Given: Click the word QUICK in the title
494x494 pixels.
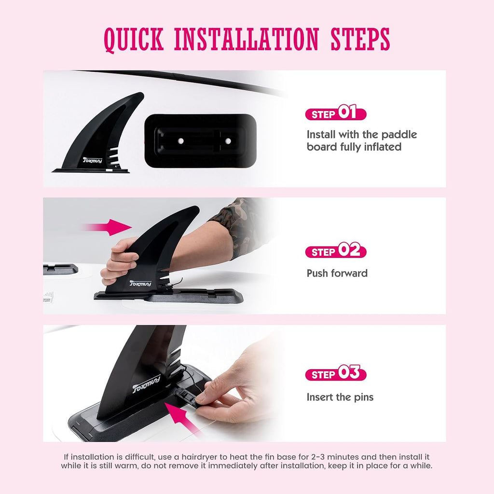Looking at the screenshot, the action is click(134, 40).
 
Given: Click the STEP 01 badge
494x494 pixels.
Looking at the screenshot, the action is click(336, 112).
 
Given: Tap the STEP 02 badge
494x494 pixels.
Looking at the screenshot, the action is click(336, 250).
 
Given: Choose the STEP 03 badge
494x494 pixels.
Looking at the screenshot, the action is click(336, 373).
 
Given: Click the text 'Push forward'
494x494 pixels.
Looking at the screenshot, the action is click(337, 273).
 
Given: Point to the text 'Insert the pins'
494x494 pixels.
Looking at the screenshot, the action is click(340, 397).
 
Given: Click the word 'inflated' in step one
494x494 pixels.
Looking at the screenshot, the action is click(383, 147).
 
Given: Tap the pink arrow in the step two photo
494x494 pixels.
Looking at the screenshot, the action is click(107, 227).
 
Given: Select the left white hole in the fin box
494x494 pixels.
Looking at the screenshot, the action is click(180, 141).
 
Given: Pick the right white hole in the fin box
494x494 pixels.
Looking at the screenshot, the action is click(228, 141).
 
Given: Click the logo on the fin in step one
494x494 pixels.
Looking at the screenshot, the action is click(93, 160).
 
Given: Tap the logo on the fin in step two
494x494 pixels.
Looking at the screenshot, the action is click(140, 283).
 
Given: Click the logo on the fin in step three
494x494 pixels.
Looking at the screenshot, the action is click(147, 384).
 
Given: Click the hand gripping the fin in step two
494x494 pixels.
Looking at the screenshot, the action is click(119, 261).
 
